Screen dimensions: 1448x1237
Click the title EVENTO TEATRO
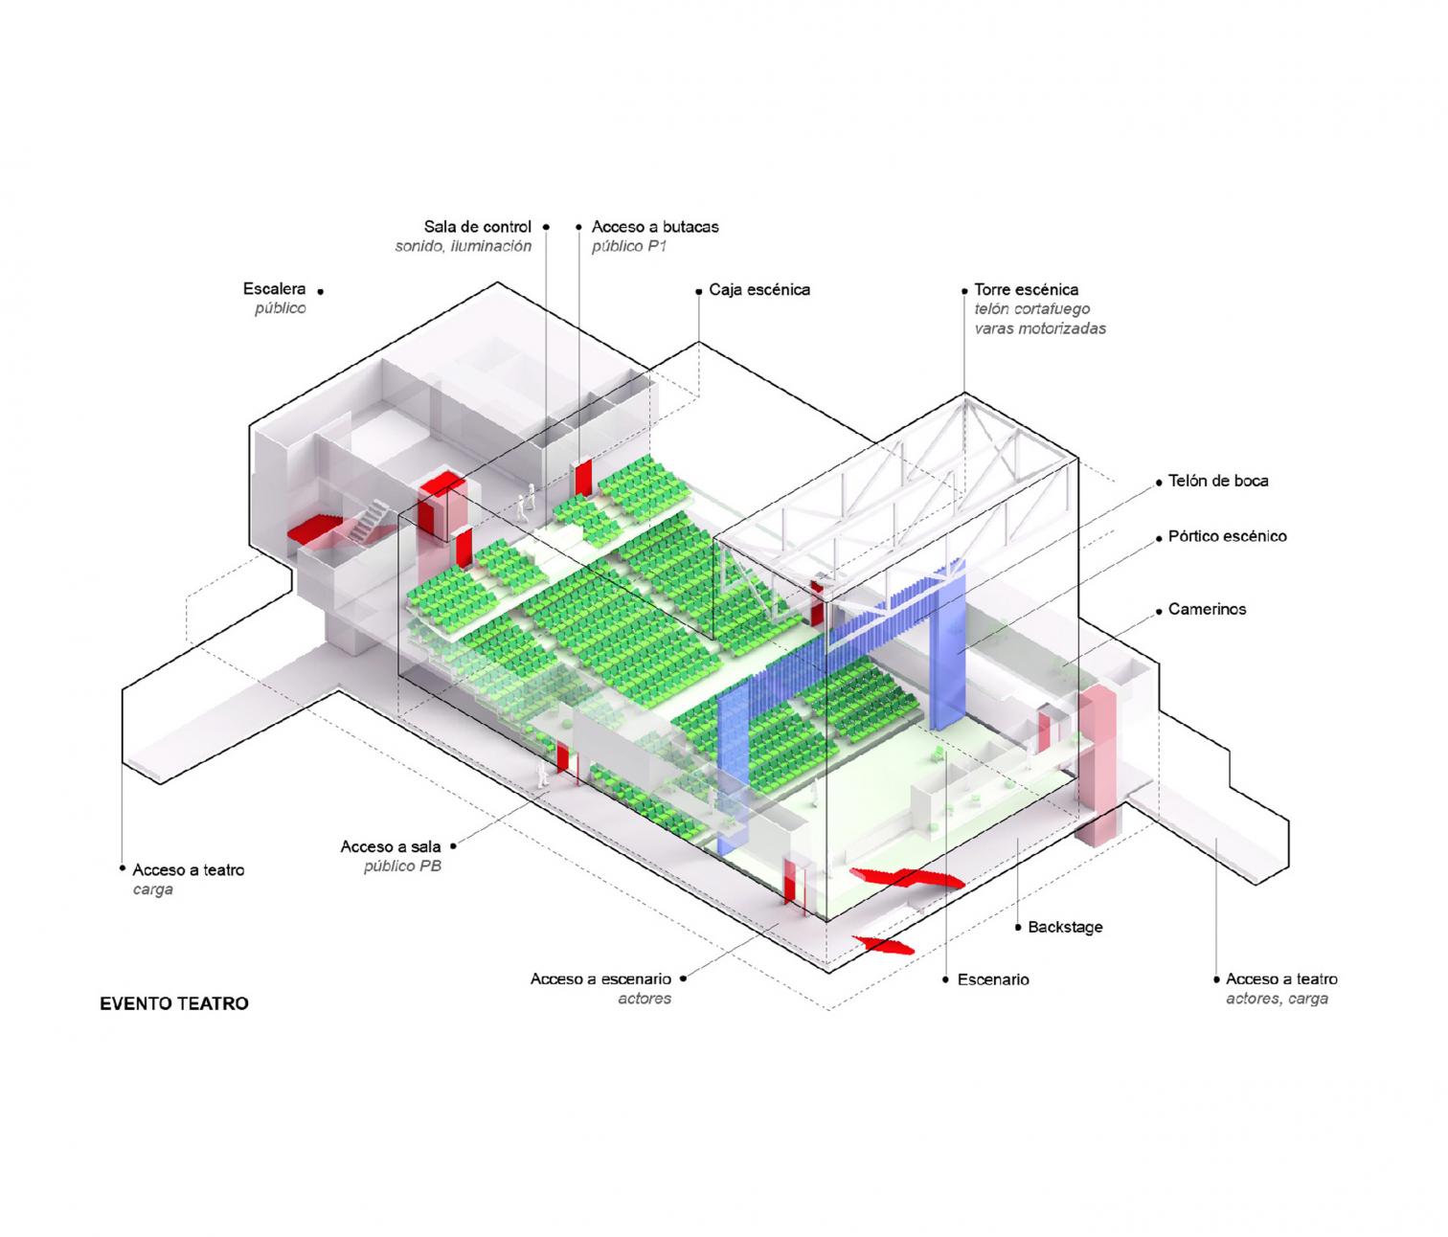[173, 1003]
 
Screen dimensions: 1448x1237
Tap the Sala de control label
[477, 226]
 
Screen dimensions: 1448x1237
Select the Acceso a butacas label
[655, 226]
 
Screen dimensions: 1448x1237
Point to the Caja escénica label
[759, 289]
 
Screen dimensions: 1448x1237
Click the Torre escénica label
[1027, 289]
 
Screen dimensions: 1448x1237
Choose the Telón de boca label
[1218, 481]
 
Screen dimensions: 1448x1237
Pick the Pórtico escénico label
[1228, 536]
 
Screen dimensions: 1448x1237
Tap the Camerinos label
[1207, 609]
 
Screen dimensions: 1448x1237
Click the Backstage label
[1065, 927]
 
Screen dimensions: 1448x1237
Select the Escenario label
[993, 979]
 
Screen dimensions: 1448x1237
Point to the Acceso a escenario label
[600, 978]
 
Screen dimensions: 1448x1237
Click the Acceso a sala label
[390, 846]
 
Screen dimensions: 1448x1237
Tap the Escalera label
[274, 288]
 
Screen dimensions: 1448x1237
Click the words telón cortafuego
[1031, 309]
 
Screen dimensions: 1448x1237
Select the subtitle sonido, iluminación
[464, 246]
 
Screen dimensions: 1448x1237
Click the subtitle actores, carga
[1277, 999]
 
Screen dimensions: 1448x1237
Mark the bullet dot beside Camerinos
[1158, 610]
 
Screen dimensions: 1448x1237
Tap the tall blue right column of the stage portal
[948, 644]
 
